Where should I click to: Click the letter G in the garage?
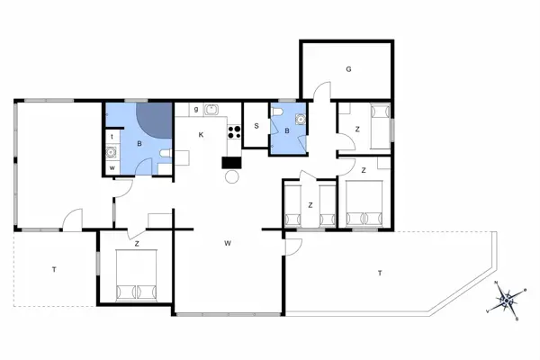point(347,68)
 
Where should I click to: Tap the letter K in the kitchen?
point(202,135)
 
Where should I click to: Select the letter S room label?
point(256,127)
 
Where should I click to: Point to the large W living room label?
point(229,243)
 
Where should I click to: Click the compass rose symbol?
point(507,299)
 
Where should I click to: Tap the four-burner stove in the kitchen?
point(236,132)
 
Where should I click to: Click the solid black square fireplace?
point(231,163)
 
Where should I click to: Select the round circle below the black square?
point(231,177)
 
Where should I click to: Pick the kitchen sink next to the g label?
point(212,111)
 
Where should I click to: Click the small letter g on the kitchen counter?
point(195,111)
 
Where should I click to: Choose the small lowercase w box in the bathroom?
point(112,167)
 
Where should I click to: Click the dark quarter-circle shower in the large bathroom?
point(155,117)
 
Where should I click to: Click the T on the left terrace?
point(54,269)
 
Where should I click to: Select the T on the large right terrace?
point(380,272)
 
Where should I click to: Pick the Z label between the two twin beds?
point(310,205)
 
